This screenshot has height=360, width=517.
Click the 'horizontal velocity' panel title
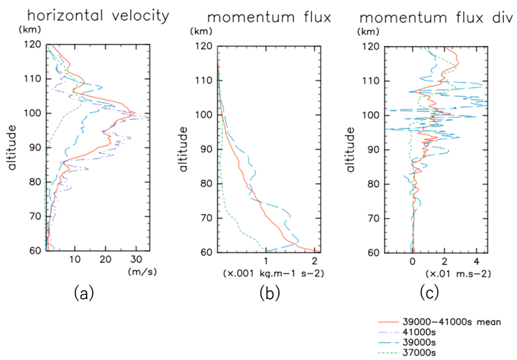(74, 14)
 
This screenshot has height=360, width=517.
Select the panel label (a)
(84, 292)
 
